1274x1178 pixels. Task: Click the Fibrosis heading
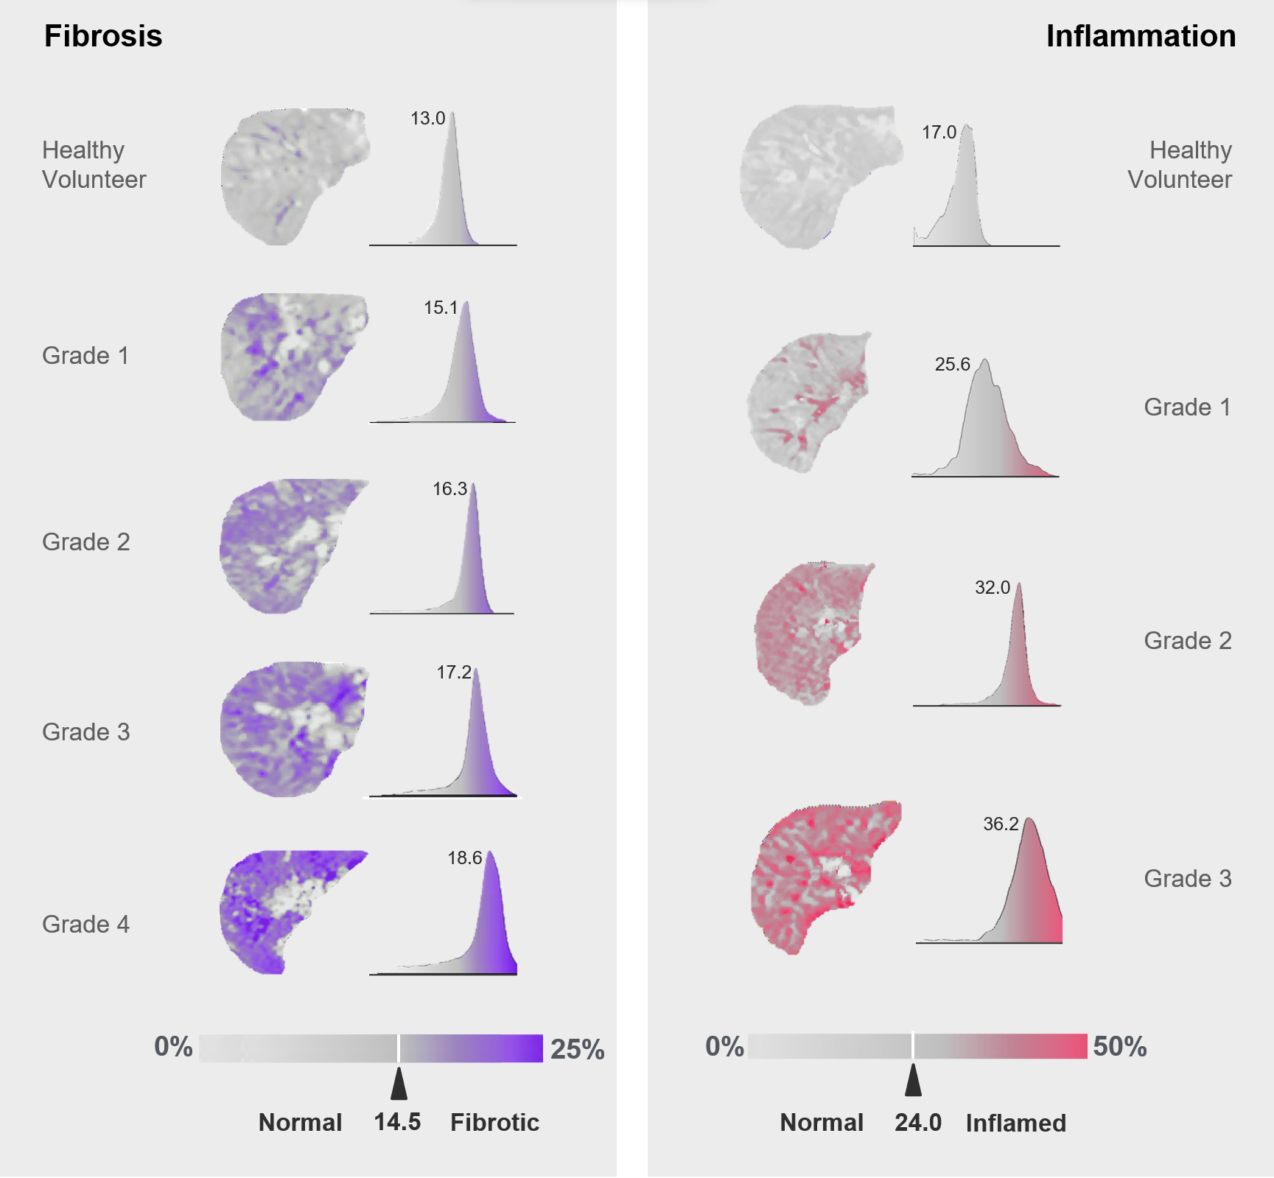pyautogui.click(x=103, y=36)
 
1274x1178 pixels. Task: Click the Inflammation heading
pyautogui.click(x=1141, y=36)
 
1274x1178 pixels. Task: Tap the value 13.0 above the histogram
pyautogui.click(x=428, y=119)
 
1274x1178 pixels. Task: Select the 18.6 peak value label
pyautogui.click(x=465, y=858)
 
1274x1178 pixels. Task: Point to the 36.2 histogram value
pyautogui.click(x=1001, y=824)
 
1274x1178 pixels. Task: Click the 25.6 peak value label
pyautogui.click(x=953, y=365)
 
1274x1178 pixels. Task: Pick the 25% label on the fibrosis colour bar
pyautogui.click(x=578, y=1049)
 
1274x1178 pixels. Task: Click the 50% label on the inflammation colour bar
pyautogui.click(x=1120, y=1046)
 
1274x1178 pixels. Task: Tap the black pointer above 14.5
pyautogui.click(x=399, y=1084)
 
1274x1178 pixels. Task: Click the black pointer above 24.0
pyautogui.click(x=913, y=1080)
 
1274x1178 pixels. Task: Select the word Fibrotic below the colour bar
pyautogui.click(x=494, y=1122)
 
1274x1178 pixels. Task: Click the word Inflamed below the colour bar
pyautogui.click(x=1016, y=1123)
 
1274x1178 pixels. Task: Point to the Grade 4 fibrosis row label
pyautogui.click(x=86, y=924)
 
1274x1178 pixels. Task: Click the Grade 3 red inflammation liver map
pyautogui.click(x=825, y=877)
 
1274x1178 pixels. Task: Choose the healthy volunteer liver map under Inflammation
pyautogui.click(x=820, y=177)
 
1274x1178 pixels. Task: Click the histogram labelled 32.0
pyautogui.click(x=987, y=645)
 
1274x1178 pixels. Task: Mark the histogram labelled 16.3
pyautogui.click(x=442, y=549)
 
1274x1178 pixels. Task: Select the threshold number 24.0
pyautogui.click(x=918, y=1123)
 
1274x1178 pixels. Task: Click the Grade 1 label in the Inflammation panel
pyautogui.click(x=1188, y=407)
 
